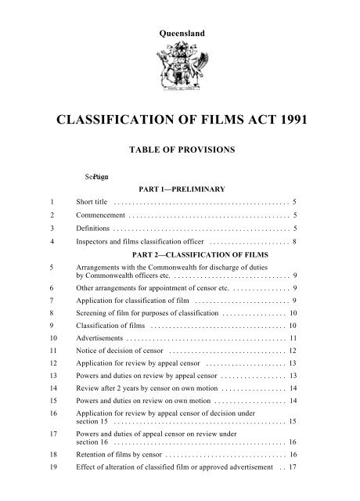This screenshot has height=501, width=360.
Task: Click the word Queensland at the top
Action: coord(180,13)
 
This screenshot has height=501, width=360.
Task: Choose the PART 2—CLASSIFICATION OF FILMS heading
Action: coord(203,254)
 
